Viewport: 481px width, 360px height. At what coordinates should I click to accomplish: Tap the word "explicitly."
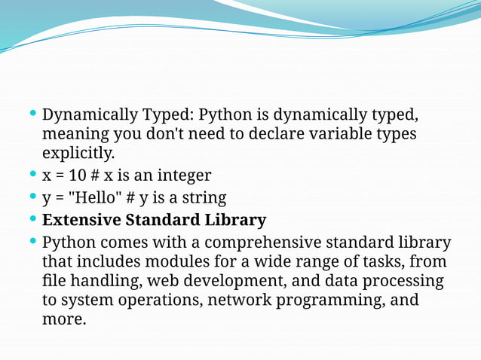(78, 153)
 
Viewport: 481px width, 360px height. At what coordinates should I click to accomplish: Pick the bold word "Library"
(235, 221)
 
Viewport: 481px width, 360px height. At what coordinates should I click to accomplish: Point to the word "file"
(54, 281)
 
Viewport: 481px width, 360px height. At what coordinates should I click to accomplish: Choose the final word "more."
(64, 319)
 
